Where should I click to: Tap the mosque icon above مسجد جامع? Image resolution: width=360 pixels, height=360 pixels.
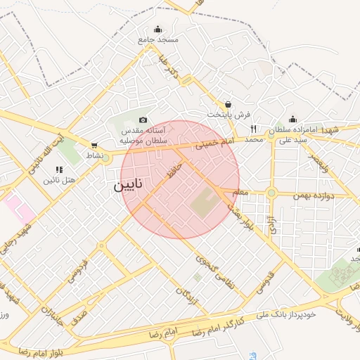(157, 30)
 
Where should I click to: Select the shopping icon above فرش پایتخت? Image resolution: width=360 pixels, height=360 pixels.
(228, 103)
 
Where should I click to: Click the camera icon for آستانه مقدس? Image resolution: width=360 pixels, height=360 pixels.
(143, 120)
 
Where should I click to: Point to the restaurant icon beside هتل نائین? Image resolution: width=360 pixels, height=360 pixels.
(59, 169)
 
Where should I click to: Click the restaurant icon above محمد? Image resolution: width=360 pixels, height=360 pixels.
(253, 129)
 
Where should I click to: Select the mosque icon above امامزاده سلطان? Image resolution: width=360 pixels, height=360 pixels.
(292, 120)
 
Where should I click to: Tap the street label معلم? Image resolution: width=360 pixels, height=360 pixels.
(240, 191)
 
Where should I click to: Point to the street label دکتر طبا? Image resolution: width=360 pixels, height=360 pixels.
(173, 70)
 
